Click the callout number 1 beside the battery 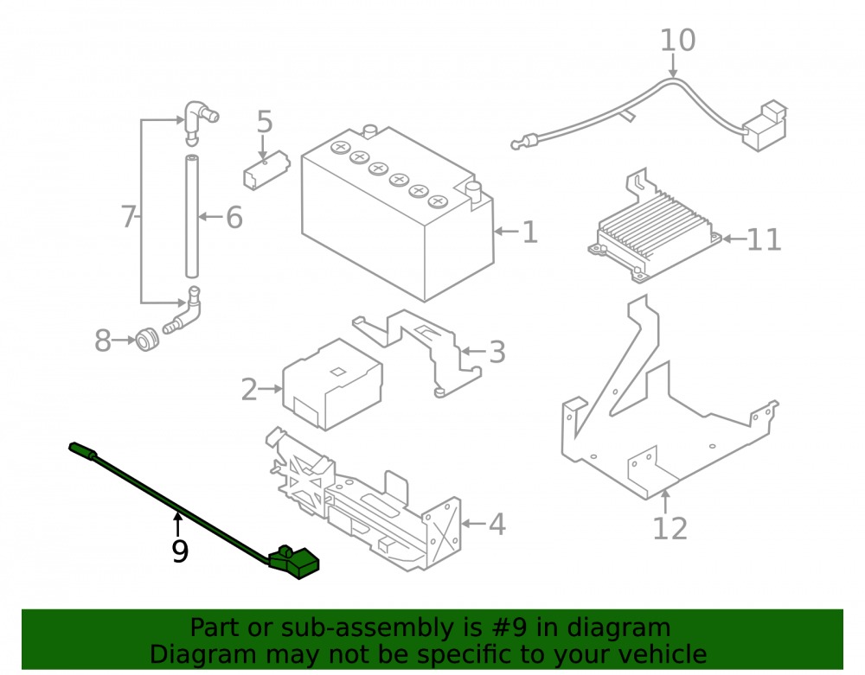tap(529, 232)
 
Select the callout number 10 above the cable tap(678, 41)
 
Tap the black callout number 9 tap(180, 551)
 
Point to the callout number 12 tap(670, 528)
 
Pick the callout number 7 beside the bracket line tap(128, 217)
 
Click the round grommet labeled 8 tap(147, 340)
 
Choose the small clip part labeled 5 tap(266, 170)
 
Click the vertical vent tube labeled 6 tap(192, 217)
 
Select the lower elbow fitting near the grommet tap(183, 313)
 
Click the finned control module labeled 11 tap(655, 232)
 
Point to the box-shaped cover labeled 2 tap(332, 384)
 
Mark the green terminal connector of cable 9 tap(293, 562)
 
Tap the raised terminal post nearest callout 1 tap(473, 193)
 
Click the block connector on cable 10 tap(766, 125)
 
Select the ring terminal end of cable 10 tap(522, 143)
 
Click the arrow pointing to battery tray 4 tap(474, 523)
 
